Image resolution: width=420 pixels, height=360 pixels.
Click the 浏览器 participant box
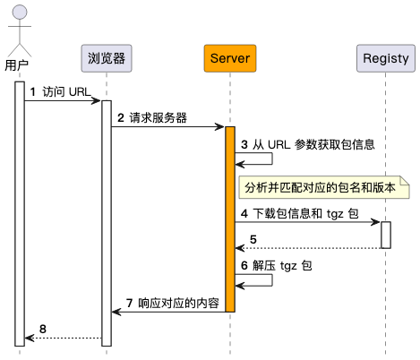pos(107,59)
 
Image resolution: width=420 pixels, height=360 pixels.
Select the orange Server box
pos(229,59)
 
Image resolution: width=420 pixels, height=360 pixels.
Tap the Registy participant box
pos(386,59)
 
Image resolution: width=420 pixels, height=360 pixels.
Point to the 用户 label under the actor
pos(18,64)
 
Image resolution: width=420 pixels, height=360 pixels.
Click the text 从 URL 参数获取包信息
pos(315,143)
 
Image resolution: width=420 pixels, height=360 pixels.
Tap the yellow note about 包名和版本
pos(325,188)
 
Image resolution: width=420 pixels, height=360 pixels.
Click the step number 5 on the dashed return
pos(253,239)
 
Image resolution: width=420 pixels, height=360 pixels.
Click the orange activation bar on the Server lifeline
pos(229,219)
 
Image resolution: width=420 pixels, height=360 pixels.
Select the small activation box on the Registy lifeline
pos(386,235)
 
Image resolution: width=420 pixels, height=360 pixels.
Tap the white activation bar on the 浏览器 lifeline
pos(107,224)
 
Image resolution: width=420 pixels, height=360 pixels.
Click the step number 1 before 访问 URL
pos(33,92)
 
